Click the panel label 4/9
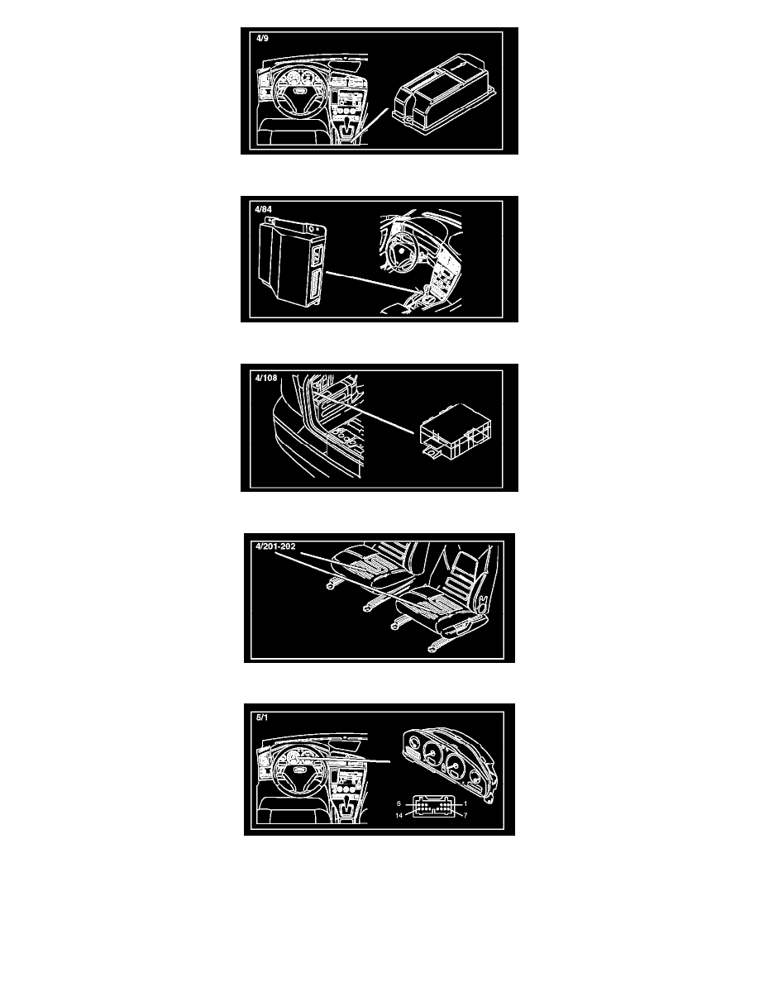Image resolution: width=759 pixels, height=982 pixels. (x=262, y=38)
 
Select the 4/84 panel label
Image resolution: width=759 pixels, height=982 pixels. (x=264, y=209)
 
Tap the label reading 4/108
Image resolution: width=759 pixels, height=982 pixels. (x=265, y=378)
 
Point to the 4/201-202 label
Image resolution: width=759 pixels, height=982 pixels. (x=275, y=546)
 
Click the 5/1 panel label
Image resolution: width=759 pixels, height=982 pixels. (x=262, y=717)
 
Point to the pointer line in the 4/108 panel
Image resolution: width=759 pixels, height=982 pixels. (x=365, y=413)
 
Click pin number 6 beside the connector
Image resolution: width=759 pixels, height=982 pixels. (x=399, y=803)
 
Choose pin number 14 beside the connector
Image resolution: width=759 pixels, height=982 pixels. (x=399, y=815)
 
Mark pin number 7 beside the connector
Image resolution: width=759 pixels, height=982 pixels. (x=465, y=815)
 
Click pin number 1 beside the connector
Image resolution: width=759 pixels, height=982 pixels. (x=465, y=803)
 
